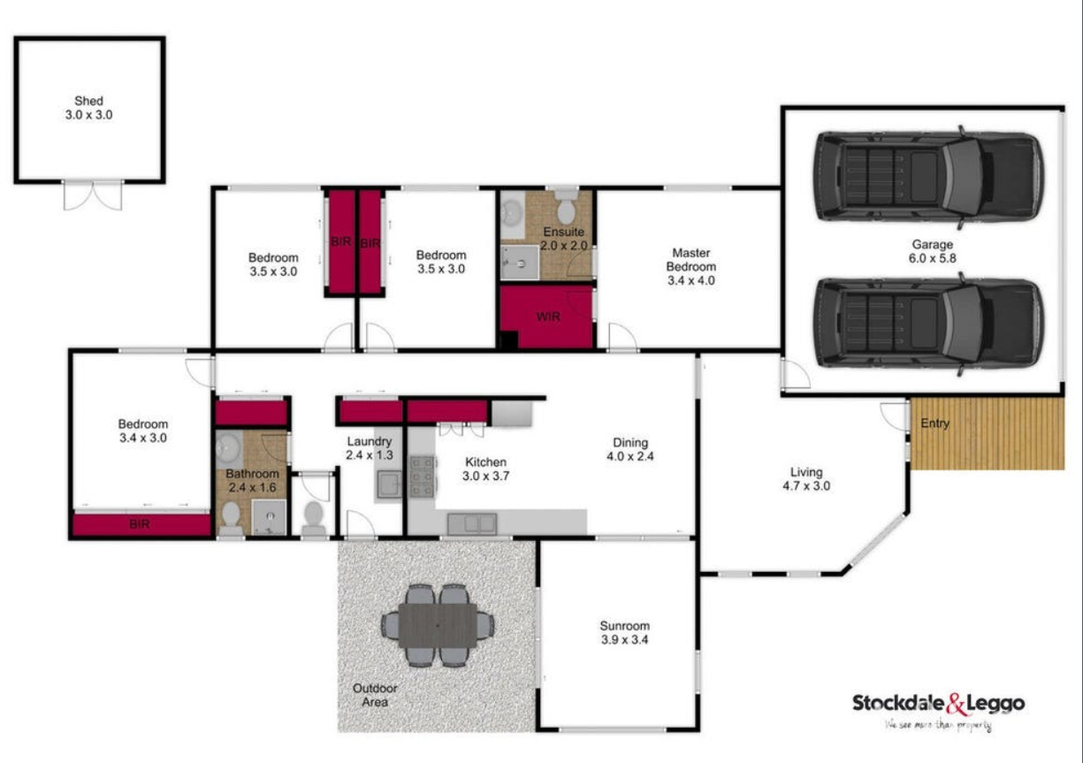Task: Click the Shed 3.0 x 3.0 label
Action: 89,108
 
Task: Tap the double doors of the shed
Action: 93,195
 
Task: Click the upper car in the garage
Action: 928,176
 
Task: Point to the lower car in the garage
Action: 928,322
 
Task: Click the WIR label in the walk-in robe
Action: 548,317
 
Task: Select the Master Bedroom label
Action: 691,266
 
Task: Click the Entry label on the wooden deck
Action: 935,423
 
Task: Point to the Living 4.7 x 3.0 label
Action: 805,478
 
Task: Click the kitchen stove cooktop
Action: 422,476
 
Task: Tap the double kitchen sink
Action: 471,523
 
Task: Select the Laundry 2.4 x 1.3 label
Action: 370,448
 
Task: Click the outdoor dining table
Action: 437,625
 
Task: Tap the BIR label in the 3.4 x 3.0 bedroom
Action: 140,524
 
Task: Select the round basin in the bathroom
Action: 228,448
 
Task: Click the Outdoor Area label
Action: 375,695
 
